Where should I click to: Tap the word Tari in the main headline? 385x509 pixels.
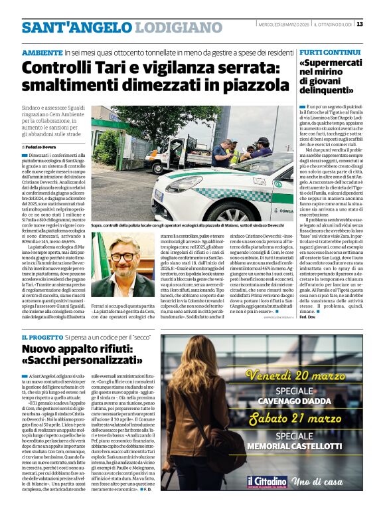coord(121,67)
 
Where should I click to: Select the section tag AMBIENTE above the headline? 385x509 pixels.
coord(42,52)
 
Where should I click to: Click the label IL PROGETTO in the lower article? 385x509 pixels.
coord(42,338)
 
